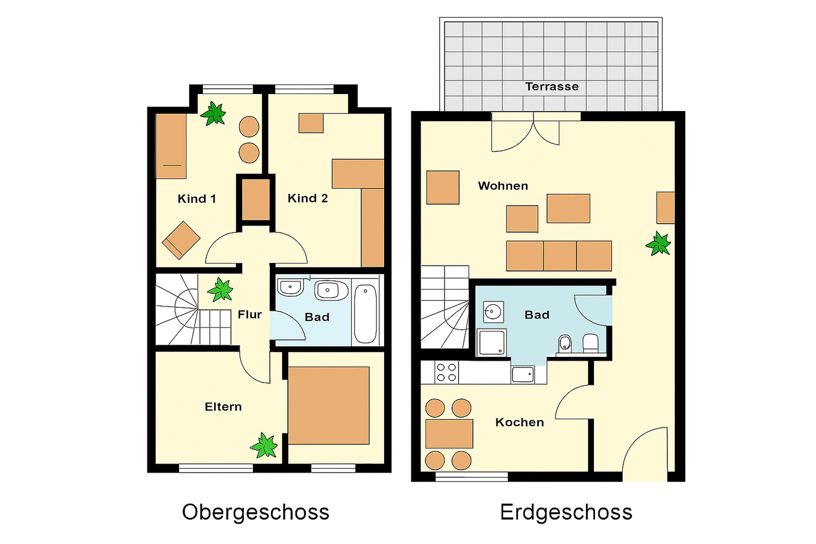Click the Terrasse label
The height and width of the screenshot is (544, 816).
pos(551,87)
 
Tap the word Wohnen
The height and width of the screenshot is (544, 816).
pos(503,186)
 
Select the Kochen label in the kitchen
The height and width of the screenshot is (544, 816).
pos(520,422)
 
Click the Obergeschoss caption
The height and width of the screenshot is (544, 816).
pos(256,512)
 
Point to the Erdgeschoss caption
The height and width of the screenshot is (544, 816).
pos(566,512)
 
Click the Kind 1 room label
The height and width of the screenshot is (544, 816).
pos(197,198)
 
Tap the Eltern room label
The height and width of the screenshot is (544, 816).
pos(223,407)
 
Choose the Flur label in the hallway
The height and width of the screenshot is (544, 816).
pos(249,314)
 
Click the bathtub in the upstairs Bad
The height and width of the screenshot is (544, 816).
pos(365,314)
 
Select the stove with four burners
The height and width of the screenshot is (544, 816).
pos(447,372)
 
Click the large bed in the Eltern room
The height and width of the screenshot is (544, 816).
pos(329,406)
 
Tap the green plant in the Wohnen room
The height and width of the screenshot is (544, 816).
pos(658,244)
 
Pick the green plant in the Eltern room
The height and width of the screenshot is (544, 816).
pos(263,445)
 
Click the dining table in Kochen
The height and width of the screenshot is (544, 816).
pos(449,433)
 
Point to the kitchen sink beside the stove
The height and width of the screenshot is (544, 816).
pos(522,374)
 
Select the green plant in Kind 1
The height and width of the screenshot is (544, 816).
pos(213,113)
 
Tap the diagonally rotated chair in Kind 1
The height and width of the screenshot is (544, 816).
pos(181,240)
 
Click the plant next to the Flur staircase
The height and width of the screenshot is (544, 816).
pos(220,290)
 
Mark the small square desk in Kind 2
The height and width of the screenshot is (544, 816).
pos(311,123)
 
